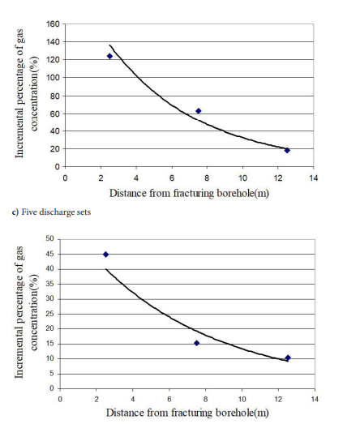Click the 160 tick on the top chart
point(53,24)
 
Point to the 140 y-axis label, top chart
point(53,42)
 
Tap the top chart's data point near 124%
point(109,56)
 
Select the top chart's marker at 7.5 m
point(199,111)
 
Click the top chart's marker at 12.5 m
point(287,150)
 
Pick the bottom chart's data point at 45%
point(105,255)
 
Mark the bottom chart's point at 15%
point(197,343)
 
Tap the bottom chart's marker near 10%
point(288,358)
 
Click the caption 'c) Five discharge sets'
point(51,212)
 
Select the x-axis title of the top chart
point(189,194)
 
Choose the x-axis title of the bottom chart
point(187,413)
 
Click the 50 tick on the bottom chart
point(50,238)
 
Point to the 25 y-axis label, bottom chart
point(50,314)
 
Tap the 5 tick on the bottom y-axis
point(52,374)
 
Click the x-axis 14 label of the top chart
point(314,178)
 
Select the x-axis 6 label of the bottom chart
point(169,400)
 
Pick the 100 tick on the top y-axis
point(53,78)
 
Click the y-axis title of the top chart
point(27,93)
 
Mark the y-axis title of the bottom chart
point(26,312)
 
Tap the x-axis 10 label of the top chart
point(242,178)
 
